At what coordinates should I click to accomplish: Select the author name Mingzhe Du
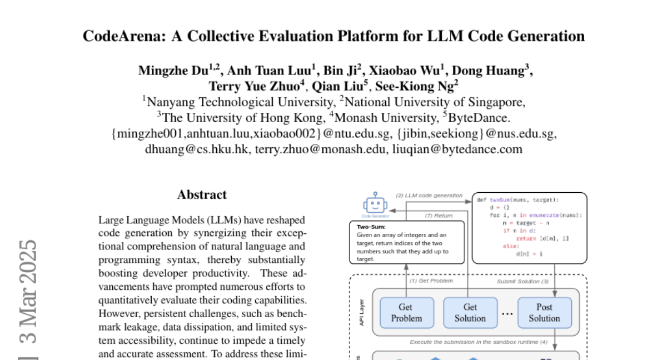click(x=174, y=71)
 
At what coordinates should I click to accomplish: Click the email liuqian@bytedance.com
click(x=457, y=149)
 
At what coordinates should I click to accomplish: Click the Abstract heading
click(x=202, y=194)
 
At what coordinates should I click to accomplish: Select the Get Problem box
click(x=406, y=312)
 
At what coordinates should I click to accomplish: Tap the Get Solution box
click(x=470, y=312)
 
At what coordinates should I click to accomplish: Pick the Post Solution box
click(x=544, y=312)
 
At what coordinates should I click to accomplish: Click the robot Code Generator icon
click(x=375, y=204)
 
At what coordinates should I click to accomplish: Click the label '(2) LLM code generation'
click(x=429, y=196)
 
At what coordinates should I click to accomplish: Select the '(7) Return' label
click(x=439, y=216)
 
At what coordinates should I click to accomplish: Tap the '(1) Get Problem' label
click(x=431, y=281)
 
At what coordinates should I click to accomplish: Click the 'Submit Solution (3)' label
click(x=522, y=281)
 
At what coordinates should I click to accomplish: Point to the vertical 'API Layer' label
click(x=361, y=312)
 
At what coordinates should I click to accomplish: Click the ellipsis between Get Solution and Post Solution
click(x=507, y=313)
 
